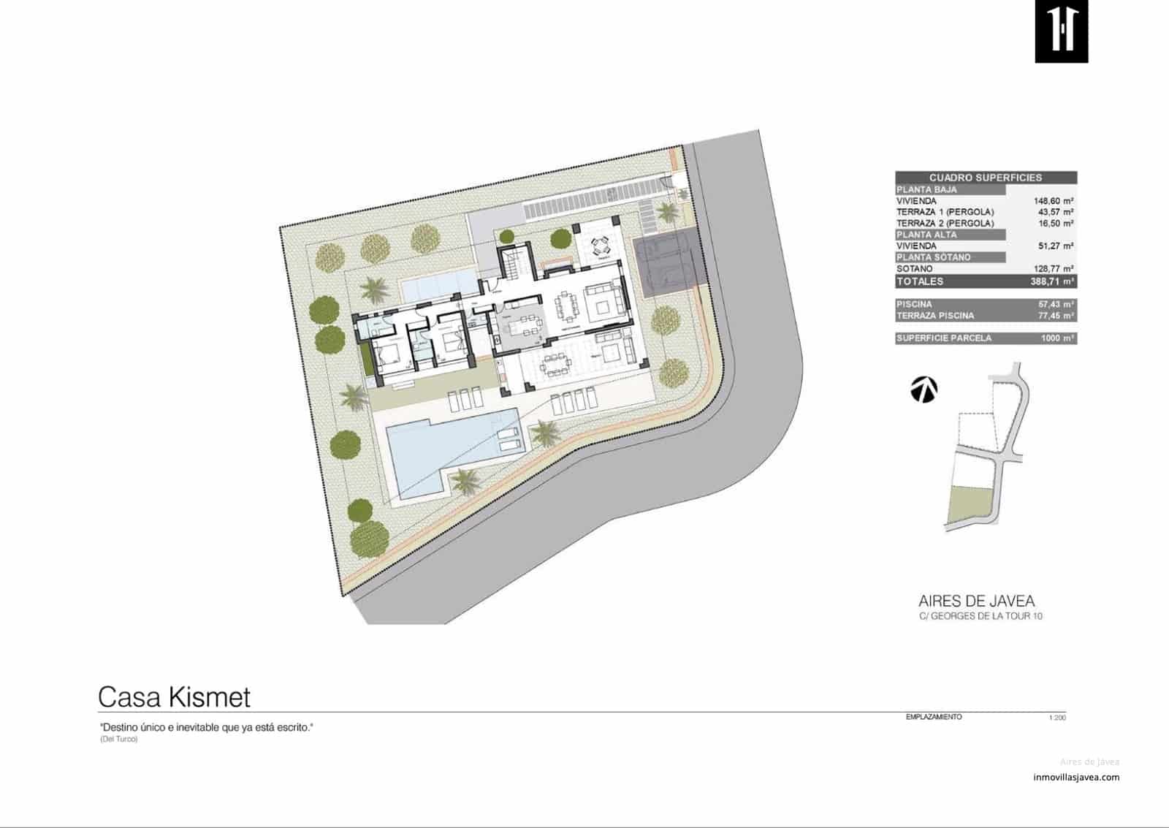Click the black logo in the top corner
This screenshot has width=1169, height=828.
click(x=1061, y=31)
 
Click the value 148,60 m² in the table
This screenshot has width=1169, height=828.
click(x=1053, y=200)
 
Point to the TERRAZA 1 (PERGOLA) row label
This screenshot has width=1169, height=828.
click(x=945, y=212)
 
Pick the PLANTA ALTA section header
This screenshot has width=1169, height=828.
click(x=926, y=235)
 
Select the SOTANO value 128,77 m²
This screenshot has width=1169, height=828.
click(x=1053, y=269)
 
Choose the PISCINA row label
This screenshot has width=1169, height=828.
click(x=914, y=304)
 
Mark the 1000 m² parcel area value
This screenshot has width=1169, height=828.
click(x=1056, y=338)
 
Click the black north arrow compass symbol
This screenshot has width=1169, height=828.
click(x=924, y=390)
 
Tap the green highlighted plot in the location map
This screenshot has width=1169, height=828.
click(x=970, y=504)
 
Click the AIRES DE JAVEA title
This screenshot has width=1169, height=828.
click(x=976, y=601)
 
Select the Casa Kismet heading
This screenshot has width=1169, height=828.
click(x=174, y=697)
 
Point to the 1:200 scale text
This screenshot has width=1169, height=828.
click(x=1056, y=718)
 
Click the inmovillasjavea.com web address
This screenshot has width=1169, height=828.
click(x=1076, y=777)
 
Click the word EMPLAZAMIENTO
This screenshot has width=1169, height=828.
click(x=934, y=717)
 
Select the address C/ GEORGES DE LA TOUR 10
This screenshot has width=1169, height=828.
click(x=980, y=616)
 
